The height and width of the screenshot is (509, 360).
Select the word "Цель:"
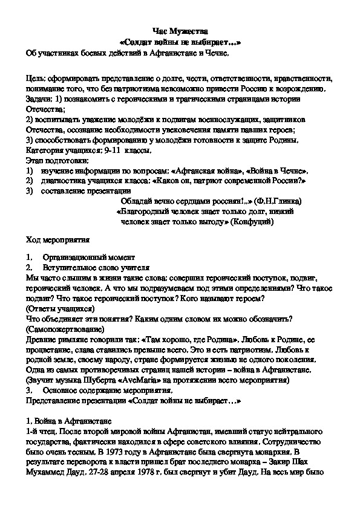pos(37,79)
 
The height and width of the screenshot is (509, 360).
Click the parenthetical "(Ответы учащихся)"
pos(61,308)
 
